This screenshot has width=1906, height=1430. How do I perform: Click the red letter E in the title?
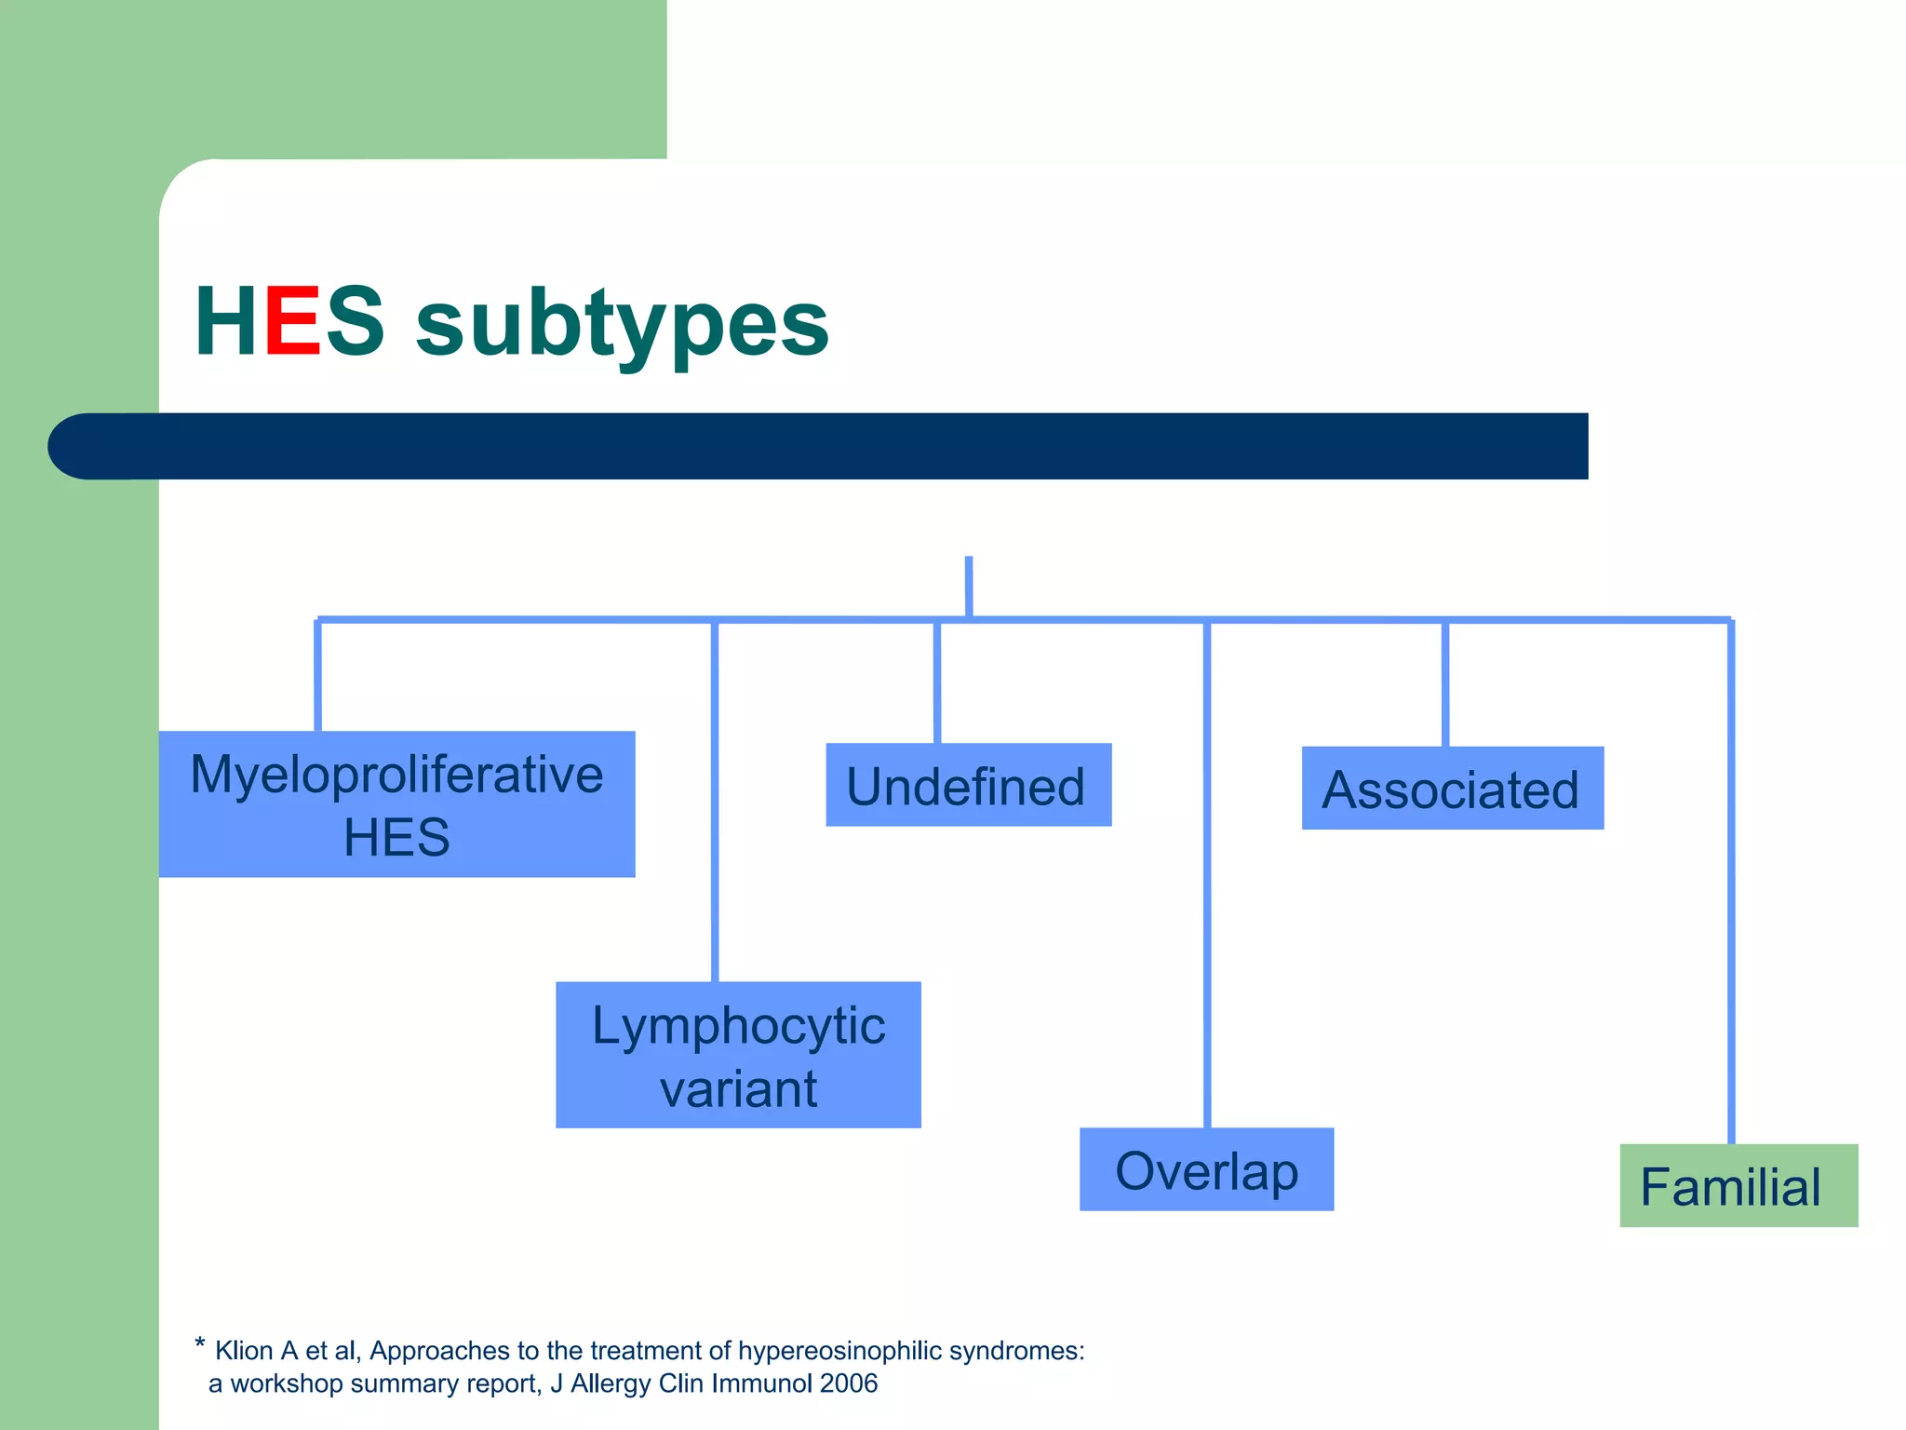click(x=293, y=321)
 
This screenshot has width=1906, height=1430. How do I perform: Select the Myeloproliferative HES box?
click(x=396, y=804)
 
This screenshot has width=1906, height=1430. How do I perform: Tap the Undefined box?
click(x=968, y=785)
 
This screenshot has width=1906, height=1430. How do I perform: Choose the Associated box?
click(x=1452, y=789)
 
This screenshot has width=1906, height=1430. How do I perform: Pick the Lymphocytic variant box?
click(x=738, y=1055)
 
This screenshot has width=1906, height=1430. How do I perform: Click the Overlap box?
click(x=1206, y=1169)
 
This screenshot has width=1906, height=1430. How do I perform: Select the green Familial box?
click(x=1738, y=1186)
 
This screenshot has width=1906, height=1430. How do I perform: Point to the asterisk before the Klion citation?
click(x=199, y=1343)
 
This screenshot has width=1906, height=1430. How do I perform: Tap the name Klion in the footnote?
click(x=244, y=1351)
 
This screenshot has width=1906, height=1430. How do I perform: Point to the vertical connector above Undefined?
click(x=937, y=681)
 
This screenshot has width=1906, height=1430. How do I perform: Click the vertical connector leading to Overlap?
click(x=1207, y=875)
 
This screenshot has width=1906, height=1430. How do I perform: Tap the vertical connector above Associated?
click(x=1445, y=684)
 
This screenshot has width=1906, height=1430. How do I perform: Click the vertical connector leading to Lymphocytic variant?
click(x=715, y=801)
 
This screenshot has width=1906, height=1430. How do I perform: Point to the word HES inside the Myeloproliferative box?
click(x=396, y=837)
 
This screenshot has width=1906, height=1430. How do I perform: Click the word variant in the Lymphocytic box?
click(x=738, y=1088)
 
